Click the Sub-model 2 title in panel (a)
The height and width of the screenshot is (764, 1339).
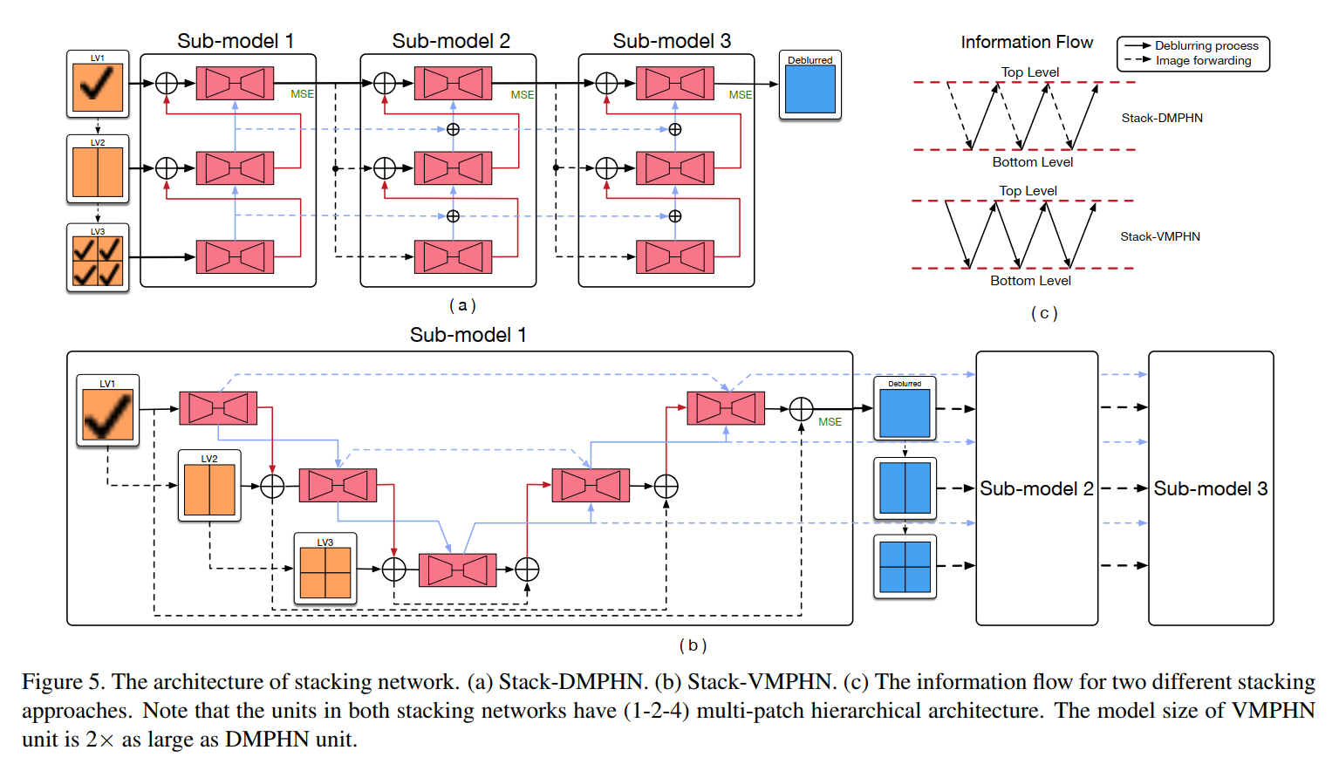click(450, 41)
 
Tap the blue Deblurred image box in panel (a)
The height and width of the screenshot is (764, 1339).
click(810, 89)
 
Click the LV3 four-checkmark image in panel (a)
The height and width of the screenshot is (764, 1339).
click(98, 262)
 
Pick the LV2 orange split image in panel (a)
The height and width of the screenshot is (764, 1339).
click(98, 172)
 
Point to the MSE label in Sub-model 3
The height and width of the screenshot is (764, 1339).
click(740, 94)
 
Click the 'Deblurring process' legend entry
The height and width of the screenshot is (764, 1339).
click(1206, 45)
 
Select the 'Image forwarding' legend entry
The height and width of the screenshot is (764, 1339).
click(1203, 60)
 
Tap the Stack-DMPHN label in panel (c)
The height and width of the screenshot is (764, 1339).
click(1162, 118)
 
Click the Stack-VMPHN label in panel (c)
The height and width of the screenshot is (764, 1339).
click(1160, 236)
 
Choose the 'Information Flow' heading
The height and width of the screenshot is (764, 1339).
click(1027, 42)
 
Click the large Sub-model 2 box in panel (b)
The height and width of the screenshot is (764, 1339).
click(1036, 488)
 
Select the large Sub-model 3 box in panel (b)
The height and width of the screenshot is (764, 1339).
click(1211, 488)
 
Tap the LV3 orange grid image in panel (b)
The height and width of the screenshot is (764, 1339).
click(325, 572)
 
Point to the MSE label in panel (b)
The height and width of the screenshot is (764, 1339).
click(830, 422)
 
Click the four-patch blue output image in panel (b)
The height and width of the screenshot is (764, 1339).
click(905, 567)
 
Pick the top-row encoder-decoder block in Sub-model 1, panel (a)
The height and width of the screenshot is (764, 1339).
click(235, 84)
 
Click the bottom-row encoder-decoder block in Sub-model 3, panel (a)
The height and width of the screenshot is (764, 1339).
click(675, 257)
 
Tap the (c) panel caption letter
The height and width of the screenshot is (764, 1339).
click(1044, 313)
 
